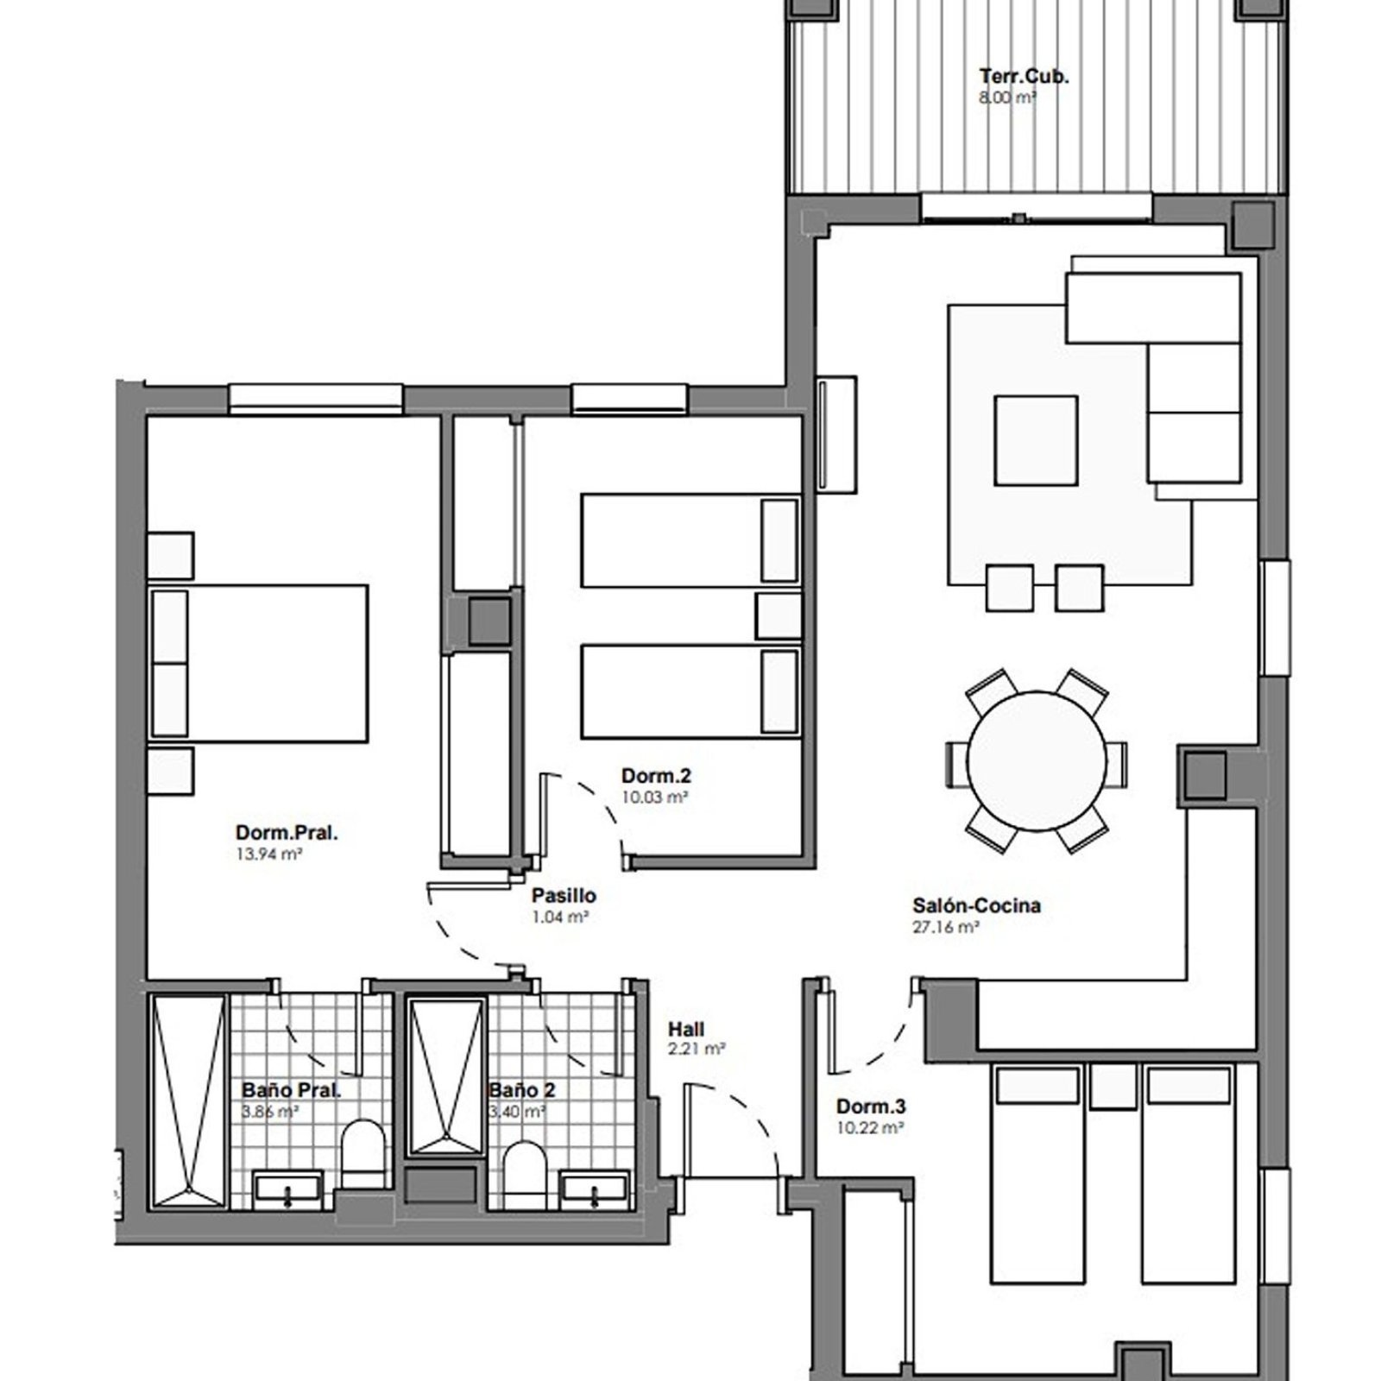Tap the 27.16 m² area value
(x=945, y=928)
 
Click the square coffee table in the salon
(x=1036, y=440)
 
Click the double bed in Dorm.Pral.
(x=259, y=663)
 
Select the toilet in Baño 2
(x=523, y=1174)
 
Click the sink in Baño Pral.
(x=287, y=1189)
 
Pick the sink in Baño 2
(x=595, y=1189)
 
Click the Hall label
(x=686, y=1030)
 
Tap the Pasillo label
(x=564, y=896)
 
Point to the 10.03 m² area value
(x=654, y=798)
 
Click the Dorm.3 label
(x=871, y=1107)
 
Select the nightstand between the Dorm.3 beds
(x=1113, y=1088)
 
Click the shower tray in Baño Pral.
(x=189, y=1100)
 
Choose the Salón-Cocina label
(x=976, y=905)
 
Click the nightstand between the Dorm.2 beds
(x=779, y=615)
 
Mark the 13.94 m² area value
(x=268, y=854)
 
